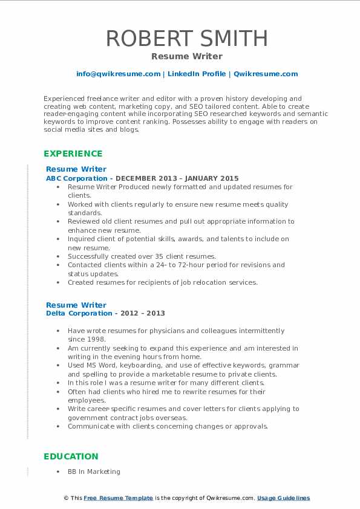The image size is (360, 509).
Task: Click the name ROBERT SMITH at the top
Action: [x=186, y=38]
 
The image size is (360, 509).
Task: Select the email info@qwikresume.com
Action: [x=118, y=74]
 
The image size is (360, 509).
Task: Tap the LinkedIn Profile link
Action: [x=197, y=74]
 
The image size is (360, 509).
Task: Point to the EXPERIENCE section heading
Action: [x=73, y=154]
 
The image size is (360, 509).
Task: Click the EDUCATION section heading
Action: [x=71, y=456]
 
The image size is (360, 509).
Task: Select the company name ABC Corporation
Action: [x=76, y=178]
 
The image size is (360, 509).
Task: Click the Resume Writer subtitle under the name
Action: [x=186, y=56]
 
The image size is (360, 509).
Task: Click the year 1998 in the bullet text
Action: [x=97, y=339]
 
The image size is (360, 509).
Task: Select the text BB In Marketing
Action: [x=94, y=472]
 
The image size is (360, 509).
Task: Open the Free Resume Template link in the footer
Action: [x=119, y=498]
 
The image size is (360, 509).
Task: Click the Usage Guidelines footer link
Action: [x=283, y=498]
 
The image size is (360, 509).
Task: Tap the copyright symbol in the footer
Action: [x=65, y=498]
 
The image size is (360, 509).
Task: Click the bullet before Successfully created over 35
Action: [x=58, y=256]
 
